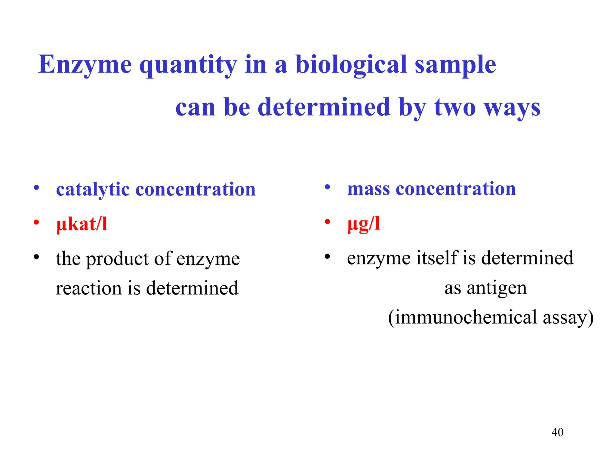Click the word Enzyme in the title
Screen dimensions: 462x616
[85, 65]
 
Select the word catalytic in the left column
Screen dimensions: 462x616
[93, 190]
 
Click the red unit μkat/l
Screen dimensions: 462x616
[82, 224]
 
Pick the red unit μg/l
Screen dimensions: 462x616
[364, 224]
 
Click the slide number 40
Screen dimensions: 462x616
[557, 432]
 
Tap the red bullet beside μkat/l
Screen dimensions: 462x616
[36, 223]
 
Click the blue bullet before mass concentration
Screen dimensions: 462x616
[328, 187]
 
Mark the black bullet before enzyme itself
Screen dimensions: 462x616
[328, 257]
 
